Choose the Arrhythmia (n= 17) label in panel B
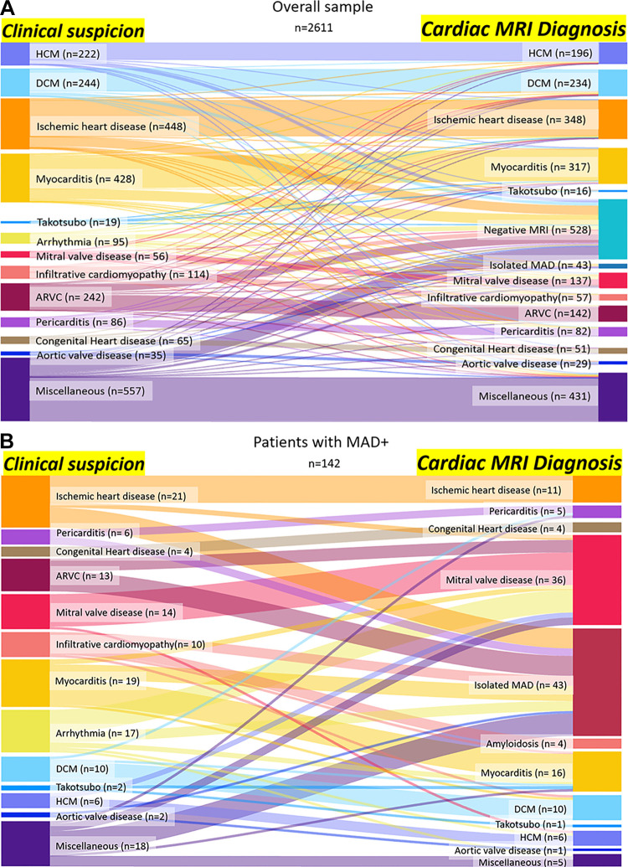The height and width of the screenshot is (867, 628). click(96, 733)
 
